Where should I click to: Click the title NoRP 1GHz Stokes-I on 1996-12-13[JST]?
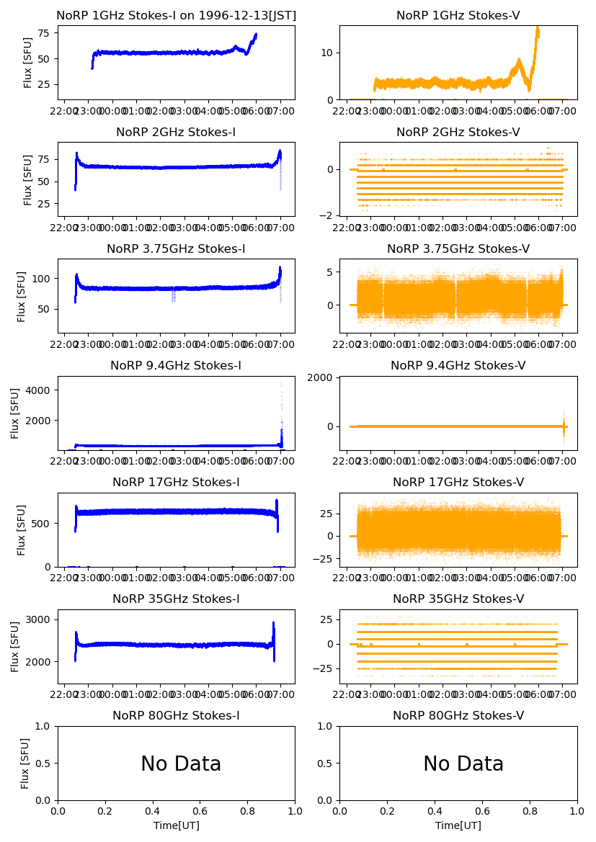pyautogui.click(x=176, y=16)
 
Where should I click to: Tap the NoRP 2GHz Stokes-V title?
pyautogui.click(x=458, y=133)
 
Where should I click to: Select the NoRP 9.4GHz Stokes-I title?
pyautogui.click(x=176, y=366)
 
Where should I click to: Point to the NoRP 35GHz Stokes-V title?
pyautogui.click(x=458, y=599)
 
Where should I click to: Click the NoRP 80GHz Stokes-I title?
pyautogui.click(x=176, y=716)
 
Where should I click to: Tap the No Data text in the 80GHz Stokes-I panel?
pyautogui.click(x=181, y=764)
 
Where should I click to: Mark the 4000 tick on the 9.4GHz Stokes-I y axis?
pyautogui.click(x=43, y=390)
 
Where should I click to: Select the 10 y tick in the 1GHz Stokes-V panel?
pyautogui.click(x=329, y=53)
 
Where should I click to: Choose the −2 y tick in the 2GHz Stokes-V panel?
pyautogui.click(x=329, y=215)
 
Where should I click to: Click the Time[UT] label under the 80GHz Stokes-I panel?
pyautogui.click(x=176, y=825)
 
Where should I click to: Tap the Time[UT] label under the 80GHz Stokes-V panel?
pyautogui.click(x=458, y=825)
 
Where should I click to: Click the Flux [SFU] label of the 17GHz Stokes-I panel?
pyautogui.click(x=22, y=530)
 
